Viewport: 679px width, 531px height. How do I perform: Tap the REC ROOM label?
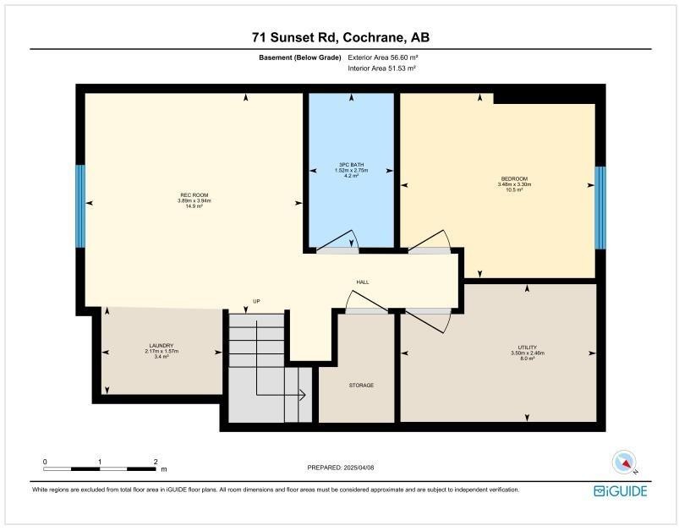(x=194, y=196)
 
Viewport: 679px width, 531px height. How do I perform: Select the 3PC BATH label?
(x=350, y=166)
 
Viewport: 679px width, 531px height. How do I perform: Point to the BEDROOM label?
(x=514, y=179)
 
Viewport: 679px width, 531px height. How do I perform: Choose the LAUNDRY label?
(x=161, y=346)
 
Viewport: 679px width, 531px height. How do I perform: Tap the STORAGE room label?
(x=361, y=386)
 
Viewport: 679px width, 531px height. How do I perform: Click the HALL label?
(x=362, y=282)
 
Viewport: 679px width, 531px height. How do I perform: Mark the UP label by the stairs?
(x=255, y=301)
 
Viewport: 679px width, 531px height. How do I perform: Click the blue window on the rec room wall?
(x=80, y=205)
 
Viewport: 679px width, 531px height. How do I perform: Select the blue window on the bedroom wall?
(x=600, y=207)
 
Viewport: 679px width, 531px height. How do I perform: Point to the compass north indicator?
(x=624, y=462)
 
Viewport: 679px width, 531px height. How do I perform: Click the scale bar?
(x=100, y=468)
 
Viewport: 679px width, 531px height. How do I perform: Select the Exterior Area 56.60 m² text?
(x=383, y=57)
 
